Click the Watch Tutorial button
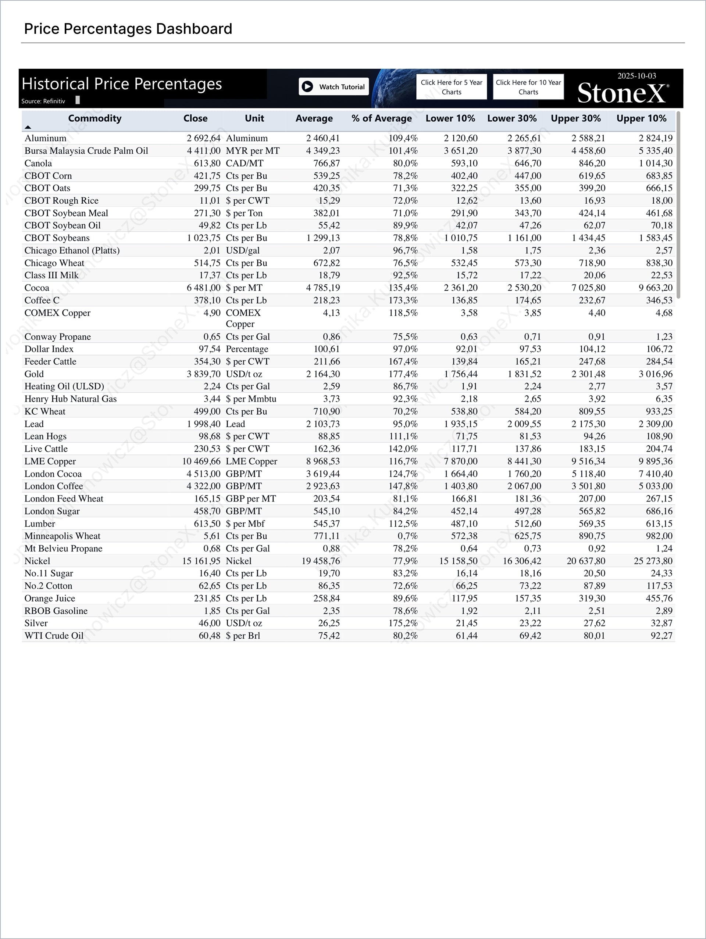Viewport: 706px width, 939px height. (x=334, y=87)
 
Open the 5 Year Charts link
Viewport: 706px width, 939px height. (x=451, y=87)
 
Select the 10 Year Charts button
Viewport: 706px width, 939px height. (x=528, y=87)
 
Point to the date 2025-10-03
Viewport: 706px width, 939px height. (x=637, y=76)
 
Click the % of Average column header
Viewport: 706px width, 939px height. (x=381, y=118)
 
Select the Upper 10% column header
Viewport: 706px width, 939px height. (x=641, y=118)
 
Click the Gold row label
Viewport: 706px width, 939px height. (x=34, y=374)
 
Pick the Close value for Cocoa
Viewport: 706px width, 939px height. (x=204, y=288)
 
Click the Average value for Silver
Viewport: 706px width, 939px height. (x=329, y=623)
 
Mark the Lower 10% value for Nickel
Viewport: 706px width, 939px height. (x=458, y=561)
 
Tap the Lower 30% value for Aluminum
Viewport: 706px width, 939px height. (x=524, y=138)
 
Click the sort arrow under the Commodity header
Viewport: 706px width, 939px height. (x=28, y=127)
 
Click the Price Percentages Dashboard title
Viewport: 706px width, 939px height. (x=128, y=29)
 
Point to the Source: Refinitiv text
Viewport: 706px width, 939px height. (x=43, y=101)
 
